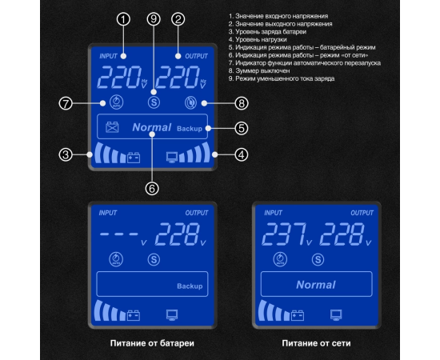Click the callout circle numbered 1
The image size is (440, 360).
(123, 19)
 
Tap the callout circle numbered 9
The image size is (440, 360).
(154, 19)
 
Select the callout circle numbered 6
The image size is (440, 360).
(152, 189)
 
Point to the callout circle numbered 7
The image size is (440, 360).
(66, 103)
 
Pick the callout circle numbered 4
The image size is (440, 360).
(242, 154)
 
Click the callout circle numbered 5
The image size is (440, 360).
(242, 129)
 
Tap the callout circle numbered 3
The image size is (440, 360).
(66, 154)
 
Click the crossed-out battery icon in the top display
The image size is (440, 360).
(112, 127)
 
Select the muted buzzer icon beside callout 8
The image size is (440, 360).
(190, 102)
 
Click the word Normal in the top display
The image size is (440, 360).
(151, 128)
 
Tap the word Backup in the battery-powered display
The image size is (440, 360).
(190, 286)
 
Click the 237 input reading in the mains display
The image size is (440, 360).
(283, 234)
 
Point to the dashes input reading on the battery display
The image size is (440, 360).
(119, 234)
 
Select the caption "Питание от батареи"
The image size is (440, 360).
(152, 343)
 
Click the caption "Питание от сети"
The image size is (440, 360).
(316, 343)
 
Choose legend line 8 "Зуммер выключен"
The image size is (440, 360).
(259, 70)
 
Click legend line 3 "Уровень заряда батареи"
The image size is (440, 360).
(267, 32)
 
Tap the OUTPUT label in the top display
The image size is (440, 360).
(197, 56)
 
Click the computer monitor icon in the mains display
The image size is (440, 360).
(336, 315)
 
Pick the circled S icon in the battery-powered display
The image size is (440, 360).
(154, 259)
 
